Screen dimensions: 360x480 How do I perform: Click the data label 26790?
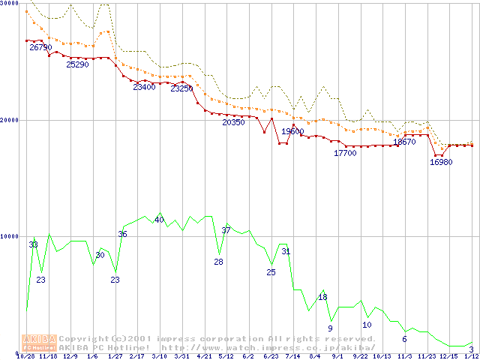40,47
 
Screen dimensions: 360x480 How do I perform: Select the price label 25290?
77,64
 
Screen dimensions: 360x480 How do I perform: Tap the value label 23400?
144,87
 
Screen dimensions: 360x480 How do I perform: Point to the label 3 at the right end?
471,349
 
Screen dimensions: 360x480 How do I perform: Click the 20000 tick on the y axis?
9,120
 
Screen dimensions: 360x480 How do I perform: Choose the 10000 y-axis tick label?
9,236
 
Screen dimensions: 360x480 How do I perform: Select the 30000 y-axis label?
9,4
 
